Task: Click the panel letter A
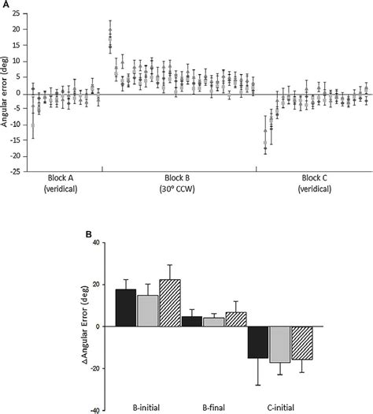(x=5, y=5)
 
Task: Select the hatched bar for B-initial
(x=170, y=304)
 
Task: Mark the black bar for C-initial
(x=258, y=341)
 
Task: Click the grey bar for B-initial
(x=148, y=311)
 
